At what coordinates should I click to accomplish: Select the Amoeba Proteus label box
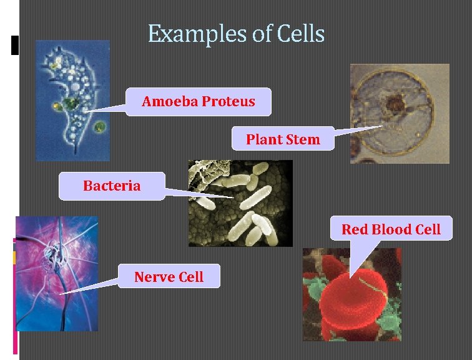[199, 101]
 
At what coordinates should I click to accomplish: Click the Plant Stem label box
[282, 139]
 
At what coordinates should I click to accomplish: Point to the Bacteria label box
[112, 186]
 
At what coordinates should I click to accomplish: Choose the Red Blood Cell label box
[391, 229]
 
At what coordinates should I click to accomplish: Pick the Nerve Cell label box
[169, 276]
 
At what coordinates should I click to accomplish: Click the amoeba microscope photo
[72, 100]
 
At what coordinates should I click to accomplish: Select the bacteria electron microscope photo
[240, 202]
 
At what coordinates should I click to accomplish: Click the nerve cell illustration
[57, 272]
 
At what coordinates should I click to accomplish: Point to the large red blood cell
[353, 297]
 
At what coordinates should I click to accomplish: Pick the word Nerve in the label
[151, 276]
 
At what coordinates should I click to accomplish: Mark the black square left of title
[15, 45]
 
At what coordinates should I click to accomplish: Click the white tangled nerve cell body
[51, 256]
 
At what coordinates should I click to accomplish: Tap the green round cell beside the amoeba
[99, 128]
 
